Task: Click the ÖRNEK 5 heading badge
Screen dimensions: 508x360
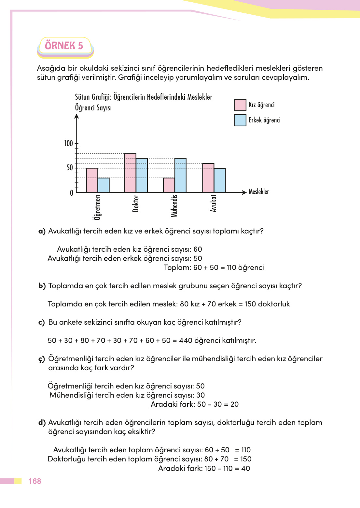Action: (64, 46)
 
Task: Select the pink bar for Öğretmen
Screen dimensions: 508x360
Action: (92, 180)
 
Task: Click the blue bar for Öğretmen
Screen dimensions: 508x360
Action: (104, 185)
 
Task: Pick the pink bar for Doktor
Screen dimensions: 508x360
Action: (130, 173)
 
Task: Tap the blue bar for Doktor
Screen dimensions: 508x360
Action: (142, 176)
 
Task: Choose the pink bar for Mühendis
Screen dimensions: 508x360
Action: (169, 185)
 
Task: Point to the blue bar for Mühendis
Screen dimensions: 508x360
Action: (180, 176)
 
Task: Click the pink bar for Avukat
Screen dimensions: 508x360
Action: (208, 178)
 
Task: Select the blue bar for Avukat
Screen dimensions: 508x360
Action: (220, 180)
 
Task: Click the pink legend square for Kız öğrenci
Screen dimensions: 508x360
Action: (240, 105)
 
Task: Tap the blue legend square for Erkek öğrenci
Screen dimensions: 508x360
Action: (240, 120)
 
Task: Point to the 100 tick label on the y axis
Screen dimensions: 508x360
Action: (68, 144)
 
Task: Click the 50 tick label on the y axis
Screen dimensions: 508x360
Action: (70, 168)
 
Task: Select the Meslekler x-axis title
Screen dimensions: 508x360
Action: (259, 192)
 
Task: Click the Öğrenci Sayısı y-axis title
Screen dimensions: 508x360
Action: (93, 108)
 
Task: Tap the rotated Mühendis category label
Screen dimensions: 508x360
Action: (174, 206)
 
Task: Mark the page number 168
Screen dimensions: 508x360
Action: (35, 481)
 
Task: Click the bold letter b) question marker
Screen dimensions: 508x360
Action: (42, 286)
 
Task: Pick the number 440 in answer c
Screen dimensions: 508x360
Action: (186, 341)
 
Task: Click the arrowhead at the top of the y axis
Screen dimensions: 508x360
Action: (76, 117)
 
